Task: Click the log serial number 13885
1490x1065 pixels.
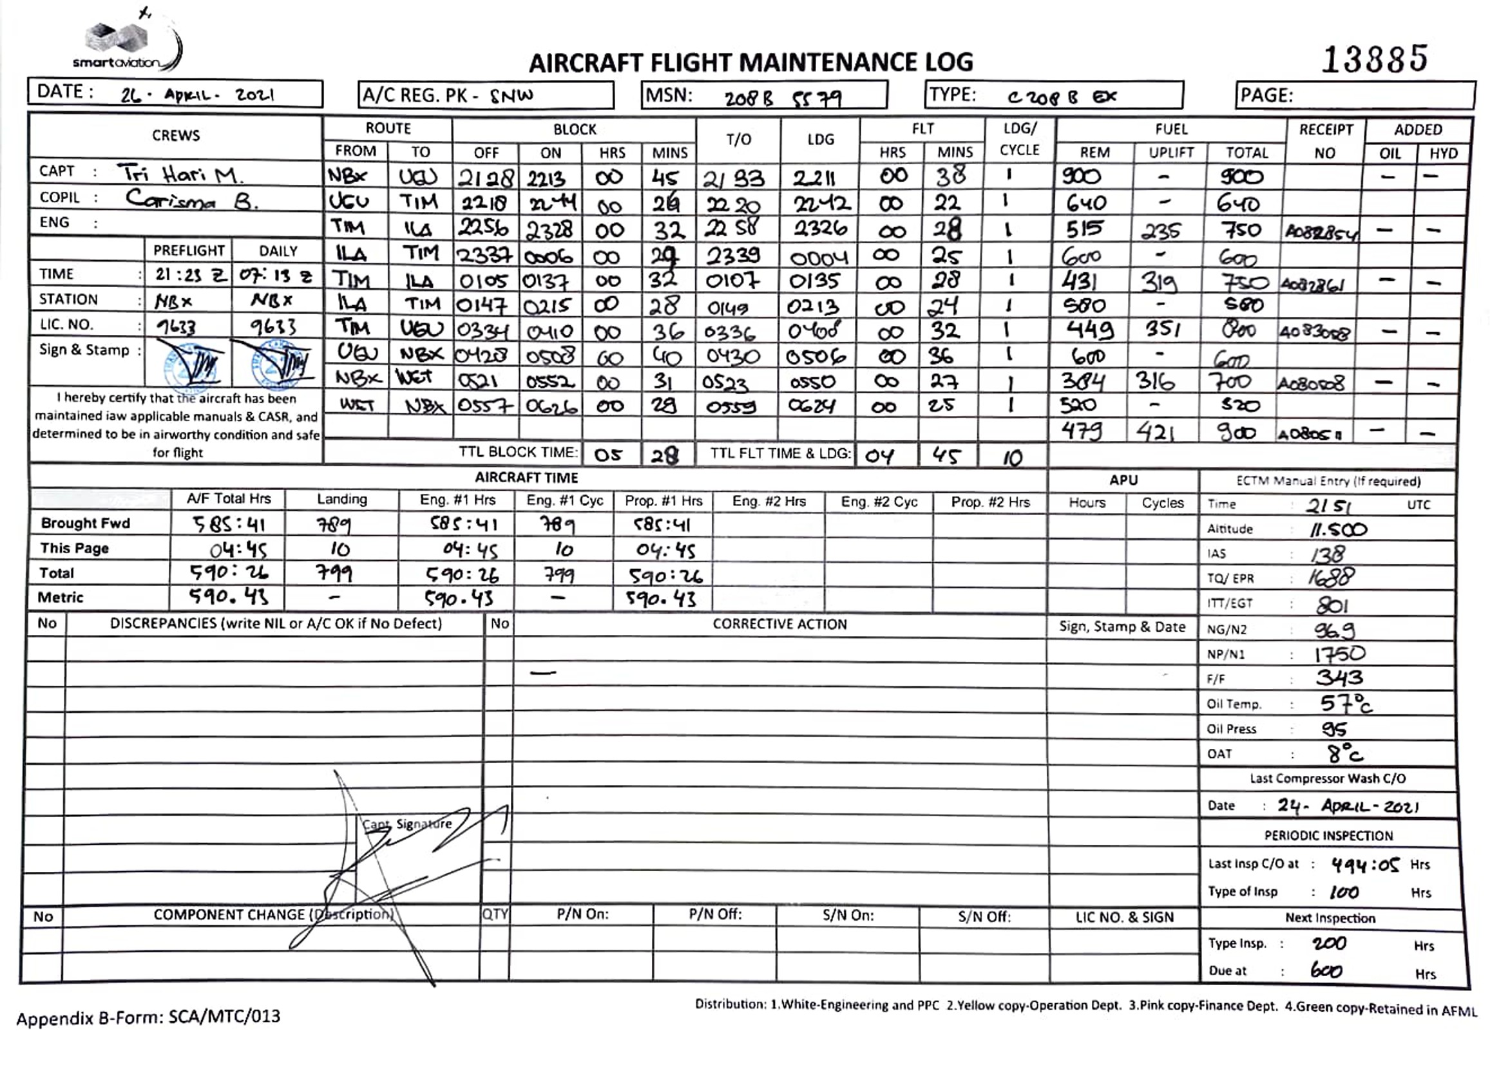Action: point(1374,59)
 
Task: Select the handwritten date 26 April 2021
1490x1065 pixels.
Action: point(198,95)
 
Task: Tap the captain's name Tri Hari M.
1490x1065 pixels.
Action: point(181,174)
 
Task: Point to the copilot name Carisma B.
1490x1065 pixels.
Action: point(191,199)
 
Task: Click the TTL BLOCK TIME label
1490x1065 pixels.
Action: point(518,453)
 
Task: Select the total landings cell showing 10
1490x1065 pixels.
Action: point(1013,458)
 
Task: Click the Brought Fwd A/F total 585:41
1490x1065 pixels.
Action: point(228,524)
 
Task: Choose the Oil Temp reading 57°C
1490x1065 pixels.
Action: point(1344,704)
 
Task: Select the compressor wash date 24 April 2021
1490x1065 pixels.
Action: point(1348,806)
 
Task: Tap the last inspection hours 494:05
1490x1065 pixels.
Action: point(1364,865)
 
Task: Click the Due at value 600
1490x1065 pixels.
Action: point(1326,970)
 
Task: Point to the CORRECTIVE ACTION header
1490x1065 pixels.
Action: point(779,625)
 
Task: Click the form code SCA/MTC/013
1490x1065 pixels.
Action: point(224,1017)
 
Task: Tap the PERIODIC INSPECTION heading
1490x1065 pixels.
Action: point(1328,836)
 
